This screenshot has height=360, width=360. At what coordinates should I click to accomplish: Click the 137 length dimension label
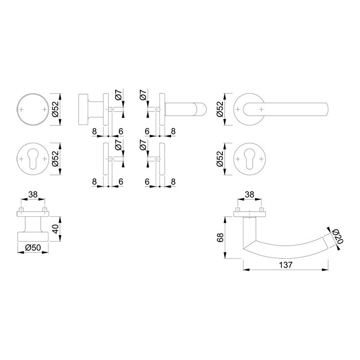(x=285, y=265)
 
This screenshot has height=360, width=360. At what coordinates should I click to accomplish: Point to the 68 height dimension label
(x=220, y=238)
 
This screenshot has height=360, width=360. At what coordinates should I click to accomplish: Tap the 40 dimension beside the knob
(x=55, y=229)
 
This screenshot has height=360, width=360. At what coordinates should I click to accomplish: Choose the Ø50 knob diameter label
(x=33, y=248)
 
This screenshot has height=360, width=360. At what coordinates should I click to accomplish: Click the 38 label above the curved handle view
(x=249, y=194)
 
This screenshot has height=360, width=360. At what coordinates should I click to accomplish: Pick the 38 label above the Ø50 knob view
(x=33, y=194)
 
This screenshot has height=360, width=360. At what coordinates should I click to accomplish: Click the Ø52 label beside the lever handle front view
(x=220, y=109)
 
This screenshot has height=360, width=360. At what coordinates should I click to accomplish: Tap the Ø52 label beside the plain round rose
(x=55, y=109)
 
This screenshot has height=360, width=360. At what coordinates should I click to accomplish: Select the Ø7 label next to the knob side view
(x=118, y=95)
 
